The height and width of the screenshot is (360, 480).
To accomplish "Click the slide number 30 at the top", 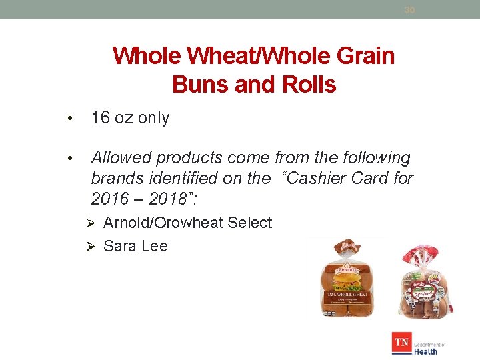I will pyautogui.click(x=409, y=10).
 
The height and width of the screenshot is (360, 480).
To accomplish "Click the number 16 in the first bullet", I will pyautogui.click(x=100, y=118).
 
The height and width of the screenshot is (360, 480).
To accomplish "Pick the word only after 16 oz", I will pyautogui.click(x=152, y=118).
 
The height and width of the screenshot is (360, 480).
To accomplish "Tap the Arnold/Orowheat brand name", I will pyautogui.click(x=163, y=223).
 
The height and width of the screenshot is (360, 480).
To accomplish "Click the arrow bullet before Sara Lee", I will pyautogui.click(x=94, y=246).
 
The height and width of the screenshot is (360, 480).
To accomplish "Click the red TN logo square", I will pyautogui.click(x=401, y=343).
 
